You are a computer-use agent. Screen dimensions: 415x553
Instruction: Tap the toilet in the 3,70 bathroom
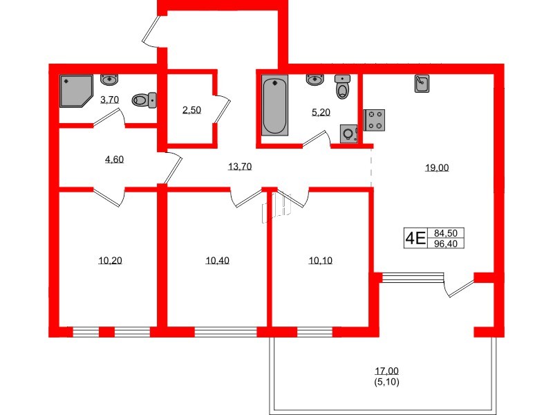pos(143,100)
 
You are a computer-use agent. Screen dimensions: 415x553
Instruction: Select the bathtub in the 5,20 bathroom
pos(274,107)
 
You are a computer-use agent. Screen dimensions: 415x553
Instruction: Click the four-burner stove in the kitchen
pos(374,120)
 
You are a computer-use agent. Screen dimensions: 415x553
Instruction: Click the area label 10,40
pos(216,260)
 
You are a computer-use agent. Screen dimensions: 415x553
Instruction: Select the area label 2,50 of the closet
pos(191,110)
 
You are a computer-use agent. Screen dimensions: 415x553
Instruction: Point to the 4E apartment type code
pos(415,239)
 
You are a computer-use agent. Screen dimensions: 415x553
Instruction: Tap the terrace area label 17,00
pos(388,371)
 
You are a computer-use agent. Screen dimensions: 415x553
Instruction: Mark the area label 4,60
pos(113,159)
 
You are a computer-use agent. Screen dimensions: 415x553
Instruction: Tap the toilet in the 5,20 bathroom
pos(342,87)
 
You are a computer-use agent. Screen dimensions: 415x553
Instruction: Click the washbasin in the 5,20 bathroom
pos(315,80)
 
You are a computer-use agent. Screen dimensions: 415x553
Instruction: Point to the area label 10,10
pos(319,260)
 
